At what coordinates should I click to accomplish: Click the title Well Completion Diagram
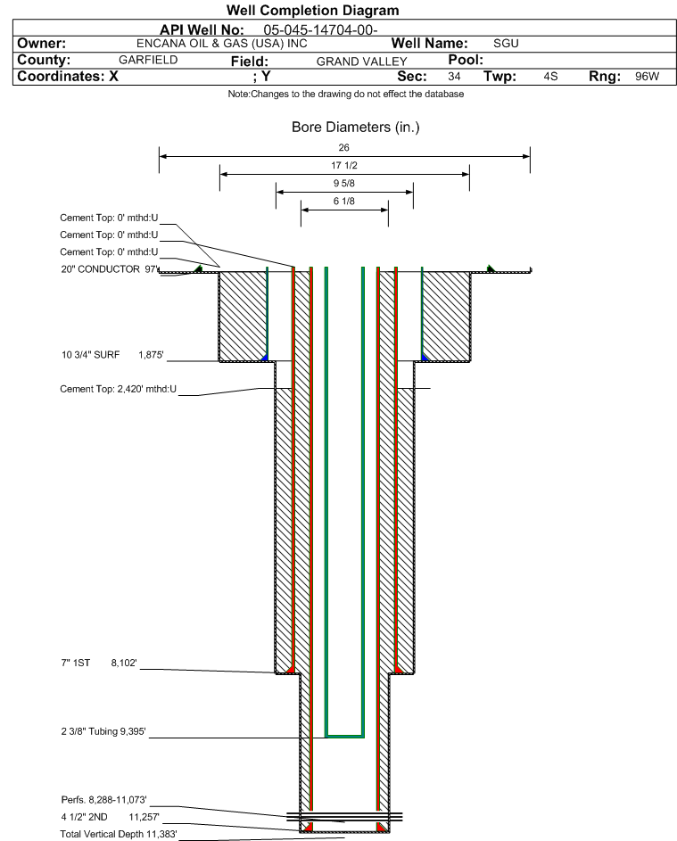click(312, 11)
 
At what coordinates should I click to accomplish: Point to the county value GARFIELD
click(148, 60)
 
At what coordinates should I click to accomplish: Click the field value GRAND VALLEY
click(361, 62)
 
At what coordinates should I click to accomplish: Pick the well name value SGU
click(506, 44)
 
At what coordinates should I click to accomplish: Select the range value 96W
click(647, 77)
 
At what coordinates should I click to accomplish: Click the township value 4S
click(550, 77)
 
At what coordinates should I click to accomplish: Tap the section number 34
click(454, 77)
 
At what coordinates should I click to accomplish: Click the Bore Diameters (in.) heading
click(355, 128)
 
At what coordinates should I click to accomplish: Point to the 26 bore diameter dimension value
click(344, 148)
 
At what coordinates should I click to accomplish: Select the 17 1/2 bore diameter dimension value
click(344, 166)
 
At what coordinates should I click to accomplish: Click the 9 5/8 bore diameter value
click(344, 184)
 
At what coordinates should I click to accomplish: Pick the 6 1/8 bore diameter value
click(344, 202)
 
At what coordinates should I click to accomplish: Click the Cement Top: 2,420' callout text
click(118, 389)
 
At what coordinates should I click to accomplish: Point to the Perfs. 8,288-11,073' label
click(104, 799)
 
